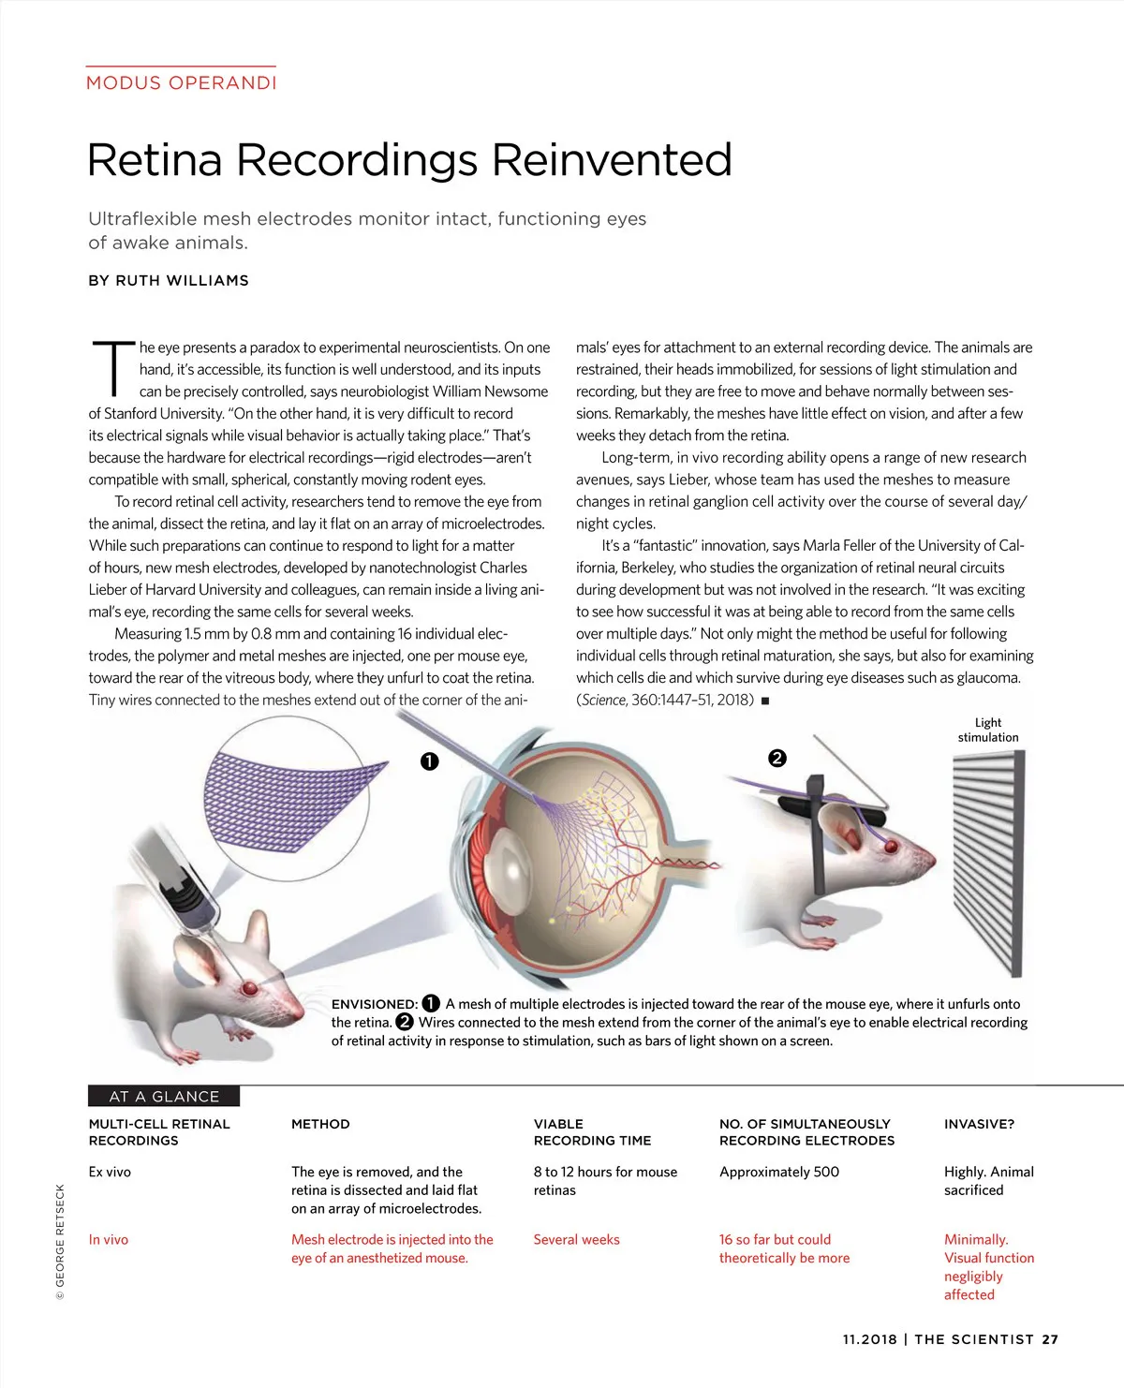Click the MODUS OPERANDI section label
pyautogui.click(x=181, y=82)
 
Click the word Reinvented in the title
pyautogui.click(x=612, y=160)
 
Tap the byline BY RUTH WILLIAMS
pyautogui.click(x=169, y=280)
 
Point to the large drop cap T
pyautogui.click(x=113, y=367)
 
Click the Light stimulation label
pyautogui.click(x=987, y=730)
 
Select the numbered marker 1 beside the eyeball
pyautogui.click(x=429, y=761)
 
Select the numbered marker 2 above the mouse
pyautogui.click(x=776, y=758)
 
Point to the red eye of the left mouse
pyautogui.click(x=249, y=988)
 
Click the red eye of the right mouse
pyautogui.click(x=892, y=847)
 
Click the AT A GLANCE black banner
pyautogui.click(x=164, y=1096)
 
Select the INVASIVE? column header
pyautogui.click(x=979, y=1124)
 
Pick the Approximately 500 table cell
pyautogui.click(x=778, y=1172)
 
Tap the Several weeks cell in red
pyautogui.click(x=576, y=1239)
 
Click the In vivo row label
pyautogui.click(x=108, y=1239)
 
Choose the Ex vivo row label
pyautogui.click(x=110, y=1172)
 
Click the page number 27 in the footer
pyautogui.click(x=1050, y=1339)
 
